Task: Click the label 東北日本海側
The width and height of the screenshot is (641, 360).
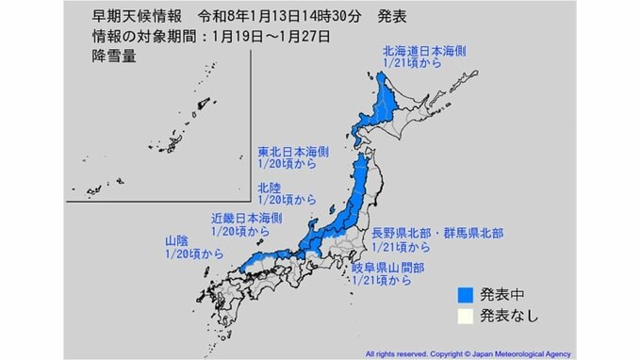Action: click(293, 151)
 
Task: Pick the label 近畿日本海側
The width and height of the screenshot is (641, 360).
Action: click(246, 218)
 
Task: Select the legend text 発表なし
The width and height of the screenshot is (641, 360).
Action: click(509, 315)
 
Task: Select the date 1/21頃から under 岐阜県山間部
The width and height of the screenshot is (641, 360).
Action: click(381, 280)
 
